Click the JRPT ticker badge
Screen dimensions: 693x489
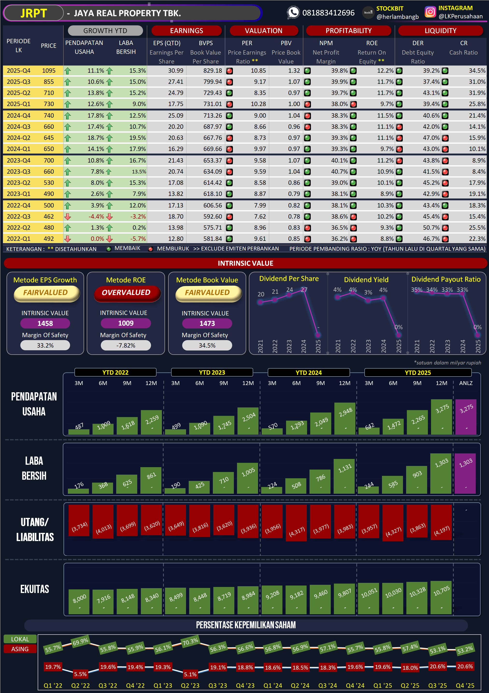point(34,13)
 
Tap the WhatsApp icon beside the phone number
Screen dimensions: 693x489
point(293,12)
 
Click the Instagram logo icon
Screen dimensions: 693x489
point(430,12)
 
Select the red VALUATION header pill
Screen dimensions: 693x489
point(264,30)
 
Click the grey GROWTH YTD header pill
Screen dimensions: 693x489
point(105,30)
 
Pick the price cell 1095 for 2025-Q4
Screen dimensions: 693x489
point(49,71)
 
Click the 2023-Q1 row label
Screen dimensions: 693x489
point(18,194)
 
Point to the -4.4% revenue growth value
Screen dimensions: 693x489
point(96,216)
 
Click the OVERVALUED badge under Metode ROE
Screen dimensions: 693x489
point(126,293)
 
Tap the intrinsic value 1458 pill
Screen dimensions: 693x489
point(45,323)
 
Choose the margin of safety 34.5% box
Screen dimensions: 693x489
point(207,345)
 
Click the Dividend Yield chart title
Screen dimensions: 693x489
point(366,279)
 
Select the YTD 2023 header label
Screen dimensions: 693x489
point(212,372)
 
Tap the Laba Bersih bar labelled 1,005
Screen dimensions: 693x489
point(248,479)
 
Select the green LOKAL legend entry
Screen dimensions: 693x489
point(20,639)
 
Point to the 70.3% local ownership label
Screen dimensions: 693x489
point(190,641)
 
